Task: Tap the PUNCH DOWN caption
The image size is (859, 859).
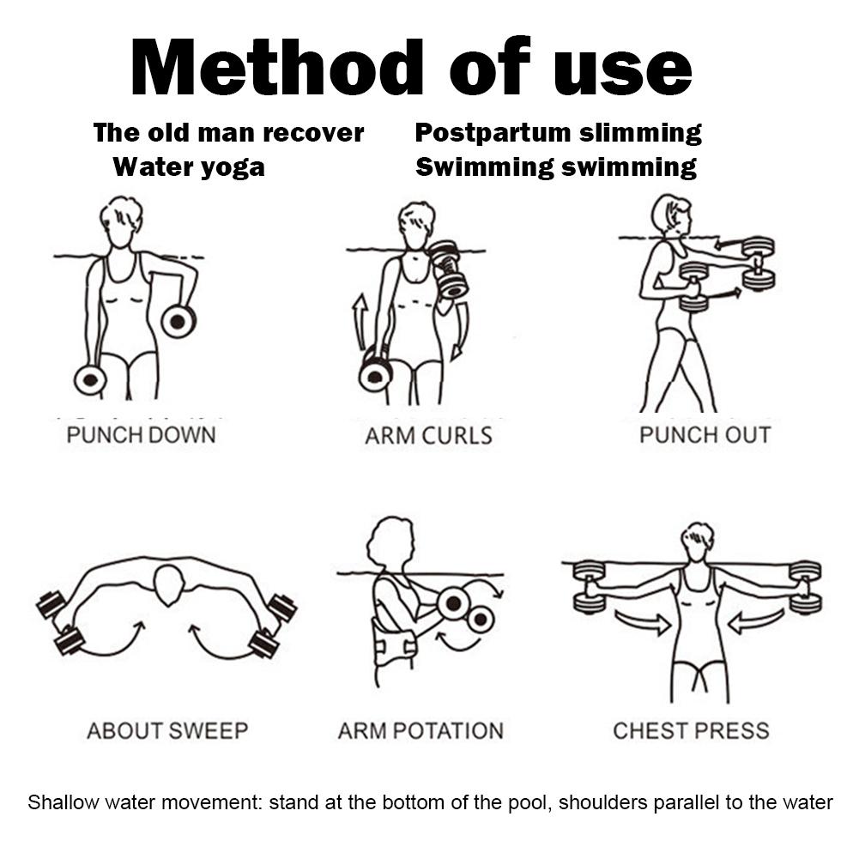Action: [x=141, y=434]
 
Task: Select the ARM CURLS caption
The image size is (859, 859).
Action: [x=428, y=435]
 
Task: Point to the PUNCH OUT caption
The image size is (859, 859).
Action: [x=705, y=434]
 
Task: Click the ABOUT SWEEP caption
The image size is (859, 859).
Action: [x=167, y=731]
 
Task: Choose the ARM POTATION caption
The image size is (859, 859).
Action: [x=420, y=731]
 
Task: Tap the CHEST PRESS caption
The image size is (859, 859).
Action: [x=691, y=731]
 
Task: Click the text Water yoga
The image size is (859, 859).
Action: [x=189, y=166]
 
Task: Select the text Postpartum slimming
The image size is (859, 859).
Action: [x=558, y=133]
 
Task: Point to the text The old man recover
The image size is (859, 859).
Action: [x=228, y=133]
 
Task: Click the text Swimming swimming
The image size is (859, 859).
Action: [x=556, y=166]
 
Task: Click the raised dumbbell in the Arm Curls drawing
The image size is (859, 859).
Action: [x=448, y=269]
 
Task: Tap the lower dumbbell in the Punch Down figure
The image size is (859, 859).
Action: [x=90, y=379]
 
